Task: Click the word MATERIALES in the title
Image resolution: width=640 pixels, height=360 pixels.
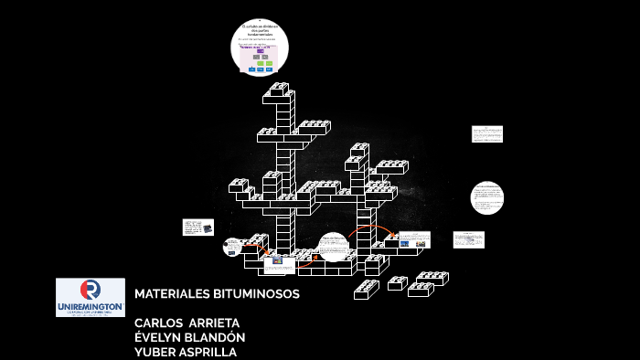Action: click(x=172, y=294)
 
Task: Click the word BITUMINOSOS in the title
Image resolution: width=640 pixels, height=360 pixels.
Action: click(x=256, y=294)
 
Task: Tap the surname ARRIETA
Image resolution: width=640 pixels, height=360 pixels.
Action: click(x=213, y=323)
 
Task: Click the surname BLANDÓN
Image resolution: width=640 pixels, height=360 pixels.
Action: click(x=218, y=337)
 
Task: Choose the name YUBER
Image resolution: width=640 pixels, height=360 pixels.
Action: click(x=155, y=352)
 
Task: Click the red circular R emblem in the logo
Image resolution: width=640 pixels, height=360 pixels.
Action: click(x=90, y=290)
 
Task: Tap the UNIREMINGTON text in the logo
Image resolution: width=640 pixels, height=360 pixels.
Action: click(x=90, y=305)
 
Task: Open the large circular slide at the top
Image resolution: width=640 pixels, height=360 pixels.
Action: click(x=259, y=48)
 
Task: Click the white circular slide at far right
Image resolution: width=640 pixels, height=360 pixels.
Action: click(x=486, y=197)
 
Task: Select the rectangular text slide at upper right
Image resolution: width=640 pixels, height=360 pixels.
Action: click(x=486, y=134)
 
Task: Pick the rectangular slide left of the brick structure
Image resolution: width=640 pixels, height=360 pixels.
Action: click(x=197, y=227)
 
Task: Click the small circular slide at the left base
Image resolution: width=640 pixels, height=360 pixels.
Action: click(x=232, y=247)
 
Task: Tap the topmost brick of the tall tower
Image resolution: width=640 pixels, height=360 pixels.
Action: click(x=280, y=89)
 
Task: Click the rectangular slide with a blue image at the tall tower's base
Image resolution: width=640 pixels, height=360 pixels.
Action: click(x=279, y=264)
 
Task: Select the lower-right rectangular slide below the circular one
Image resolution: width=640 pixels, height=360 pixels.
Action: click(x=468, y=239)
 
